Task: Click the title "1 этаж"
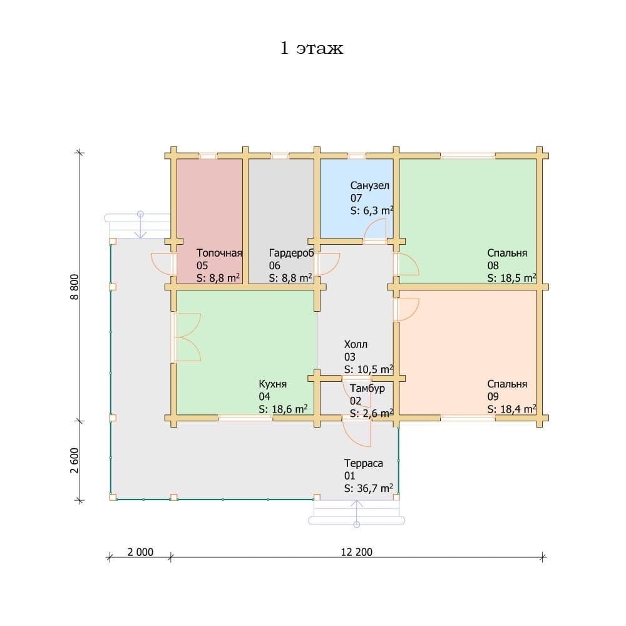tap(312, 48)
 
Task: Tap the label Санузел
tap(370, 186)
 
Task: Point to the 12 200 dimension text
tap(357, 552)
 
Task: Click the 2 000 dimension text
tap(140, 552)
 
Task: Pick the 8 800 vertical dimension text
tap(74, 287)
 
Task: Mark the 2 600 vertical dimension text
tap(74, 460)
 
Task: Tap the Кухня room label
tap(273, 384)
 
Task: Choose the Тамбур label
tap(367, 389)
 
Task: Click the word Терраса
tap(364, 463)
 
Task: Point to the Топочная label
tap(219, 253)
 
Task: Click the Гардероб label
tap(292, 253)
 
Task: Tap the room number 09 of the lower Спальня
tap(493, 396)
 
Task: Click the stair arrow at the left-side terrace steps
tap(140, 225)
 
